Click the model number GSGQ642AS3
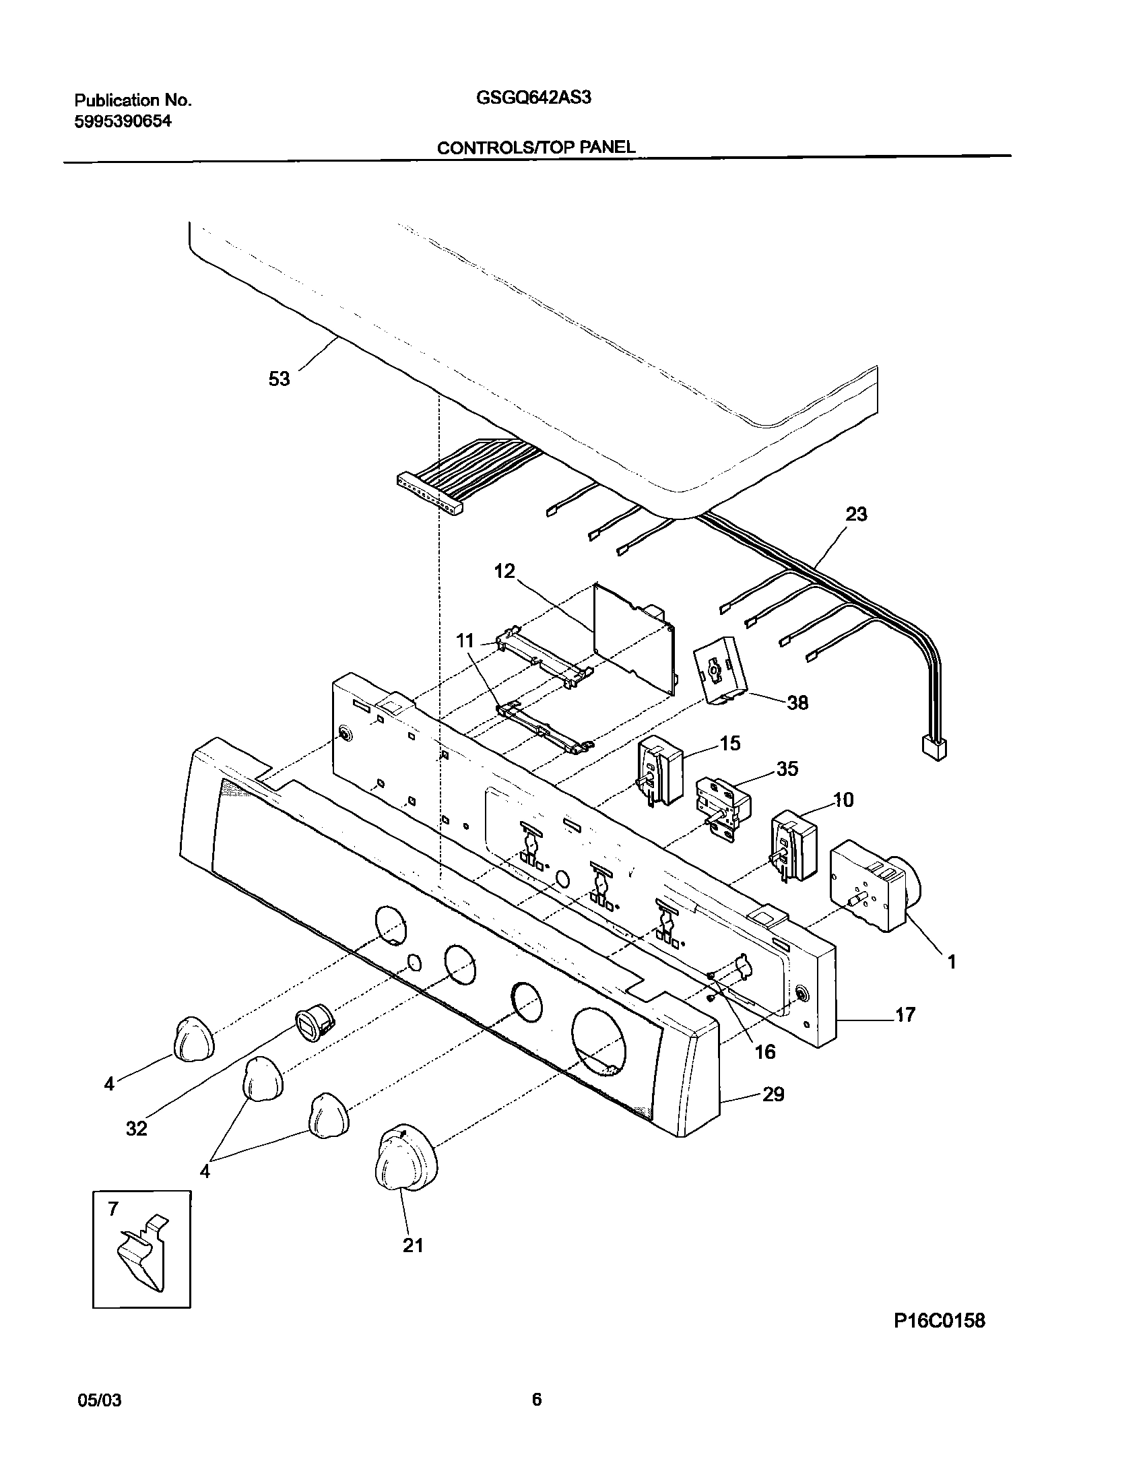click(533, 98)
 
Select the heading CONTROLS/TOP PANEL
click(536, 148)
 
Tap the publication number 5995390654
click(123, 121)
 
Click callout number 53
click(279, 379)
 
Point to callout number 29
click(773, 1095)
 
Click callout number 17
click(905, 1014)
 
